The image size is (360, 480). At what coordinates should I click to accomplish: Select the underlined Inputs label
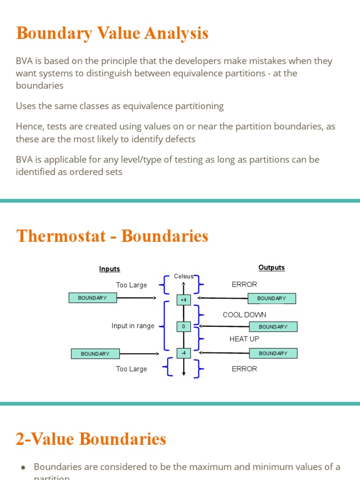pos(109,269)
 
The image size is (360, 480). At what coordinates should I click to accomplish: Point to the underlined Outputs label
pos(271,268)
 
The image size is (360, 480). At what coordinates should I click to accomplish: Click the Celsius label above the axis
pos(184,277)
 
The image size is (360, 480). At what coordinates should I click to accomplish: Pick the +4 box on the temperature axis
pos(183,300)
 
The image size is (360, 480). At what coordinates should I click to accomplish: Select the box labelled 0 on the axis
pos(183,326)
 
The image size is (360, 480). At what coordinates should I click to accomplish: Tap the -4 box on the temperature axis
pos(183,353)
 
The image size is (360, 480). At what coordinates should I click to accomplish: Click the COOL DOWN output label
pos(244,315)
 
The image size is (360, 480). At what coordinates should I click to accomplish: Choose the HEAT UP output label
pos(244,339)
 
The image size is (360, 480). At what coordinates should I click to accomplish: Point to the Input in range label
pos(133,326)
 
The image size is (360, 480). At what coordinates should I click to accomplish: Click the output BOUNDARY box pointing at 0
pos(273,327)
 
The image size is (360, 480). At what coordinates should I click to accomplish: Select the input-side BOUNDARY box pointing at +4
pos(92,298)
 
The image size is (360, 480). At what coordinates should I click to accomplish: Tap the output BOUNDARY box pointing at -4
pos(273,353)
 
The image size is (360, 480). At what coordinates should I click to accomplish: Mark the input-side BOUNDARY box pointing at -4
pos(95,354)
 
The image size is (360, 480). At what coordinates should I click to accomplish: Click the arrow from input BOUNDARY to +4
pos(136,298)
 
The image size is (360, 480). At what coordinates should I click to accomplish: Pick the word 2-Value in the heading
pos(44,439)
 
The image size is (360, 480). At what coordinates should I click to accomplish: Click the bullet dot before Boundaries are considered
pos(23,467)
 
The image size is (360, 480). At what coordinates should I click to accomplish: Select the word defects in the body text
pos(179,139)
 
